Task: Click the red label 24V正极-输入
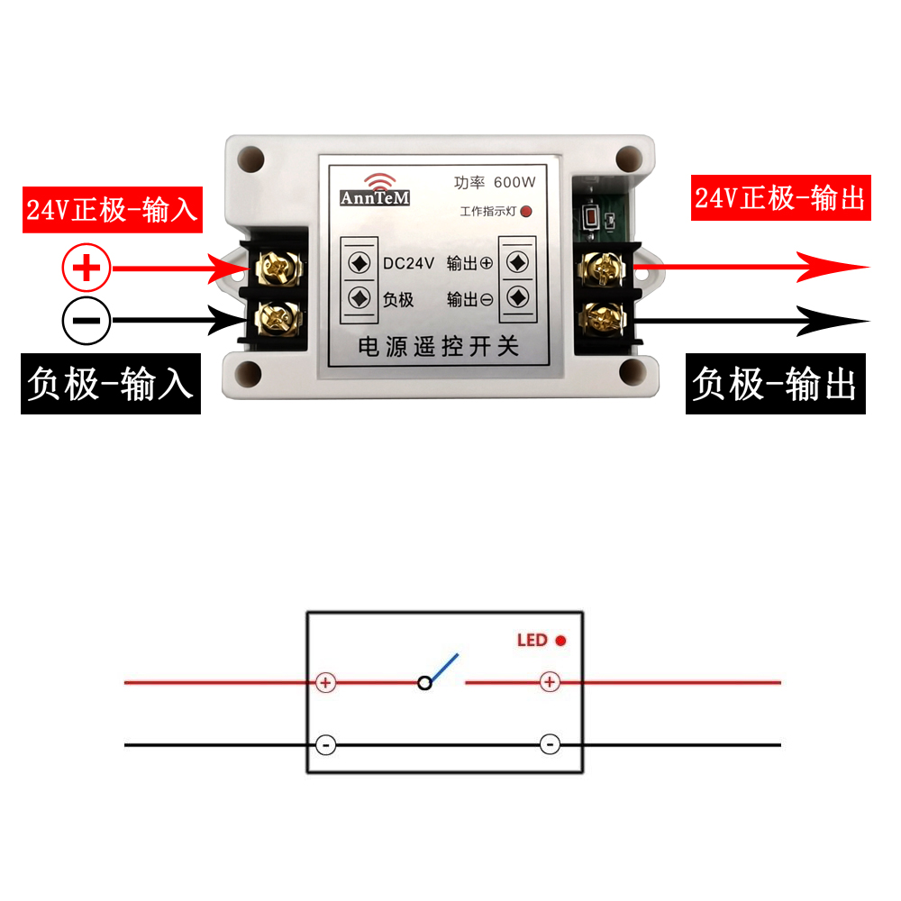tap(110, 209)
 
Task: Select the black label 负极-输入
tap(110, 384)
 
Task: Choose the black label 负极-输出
tap(775, 384)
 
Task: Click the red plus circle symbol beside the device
tap(86, 268)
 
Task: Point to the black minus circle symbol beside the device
tap(86, 321)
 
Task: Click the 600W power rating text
tap(514, 182)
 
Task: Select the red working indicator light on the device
tap(527, 213)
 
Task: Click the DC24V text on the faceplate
tap(408, 263)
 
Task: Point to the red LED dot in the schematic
tap(560, 641)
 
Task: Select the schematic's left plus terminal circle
tap(326, 683)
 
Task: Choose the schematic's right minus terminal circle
tap(550, 745)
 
